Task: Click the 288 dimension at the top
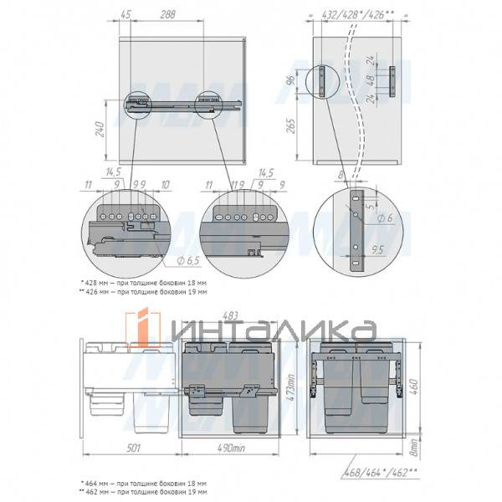(x=167, y=14)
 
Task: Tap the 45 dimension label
(x=126, y=14)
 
